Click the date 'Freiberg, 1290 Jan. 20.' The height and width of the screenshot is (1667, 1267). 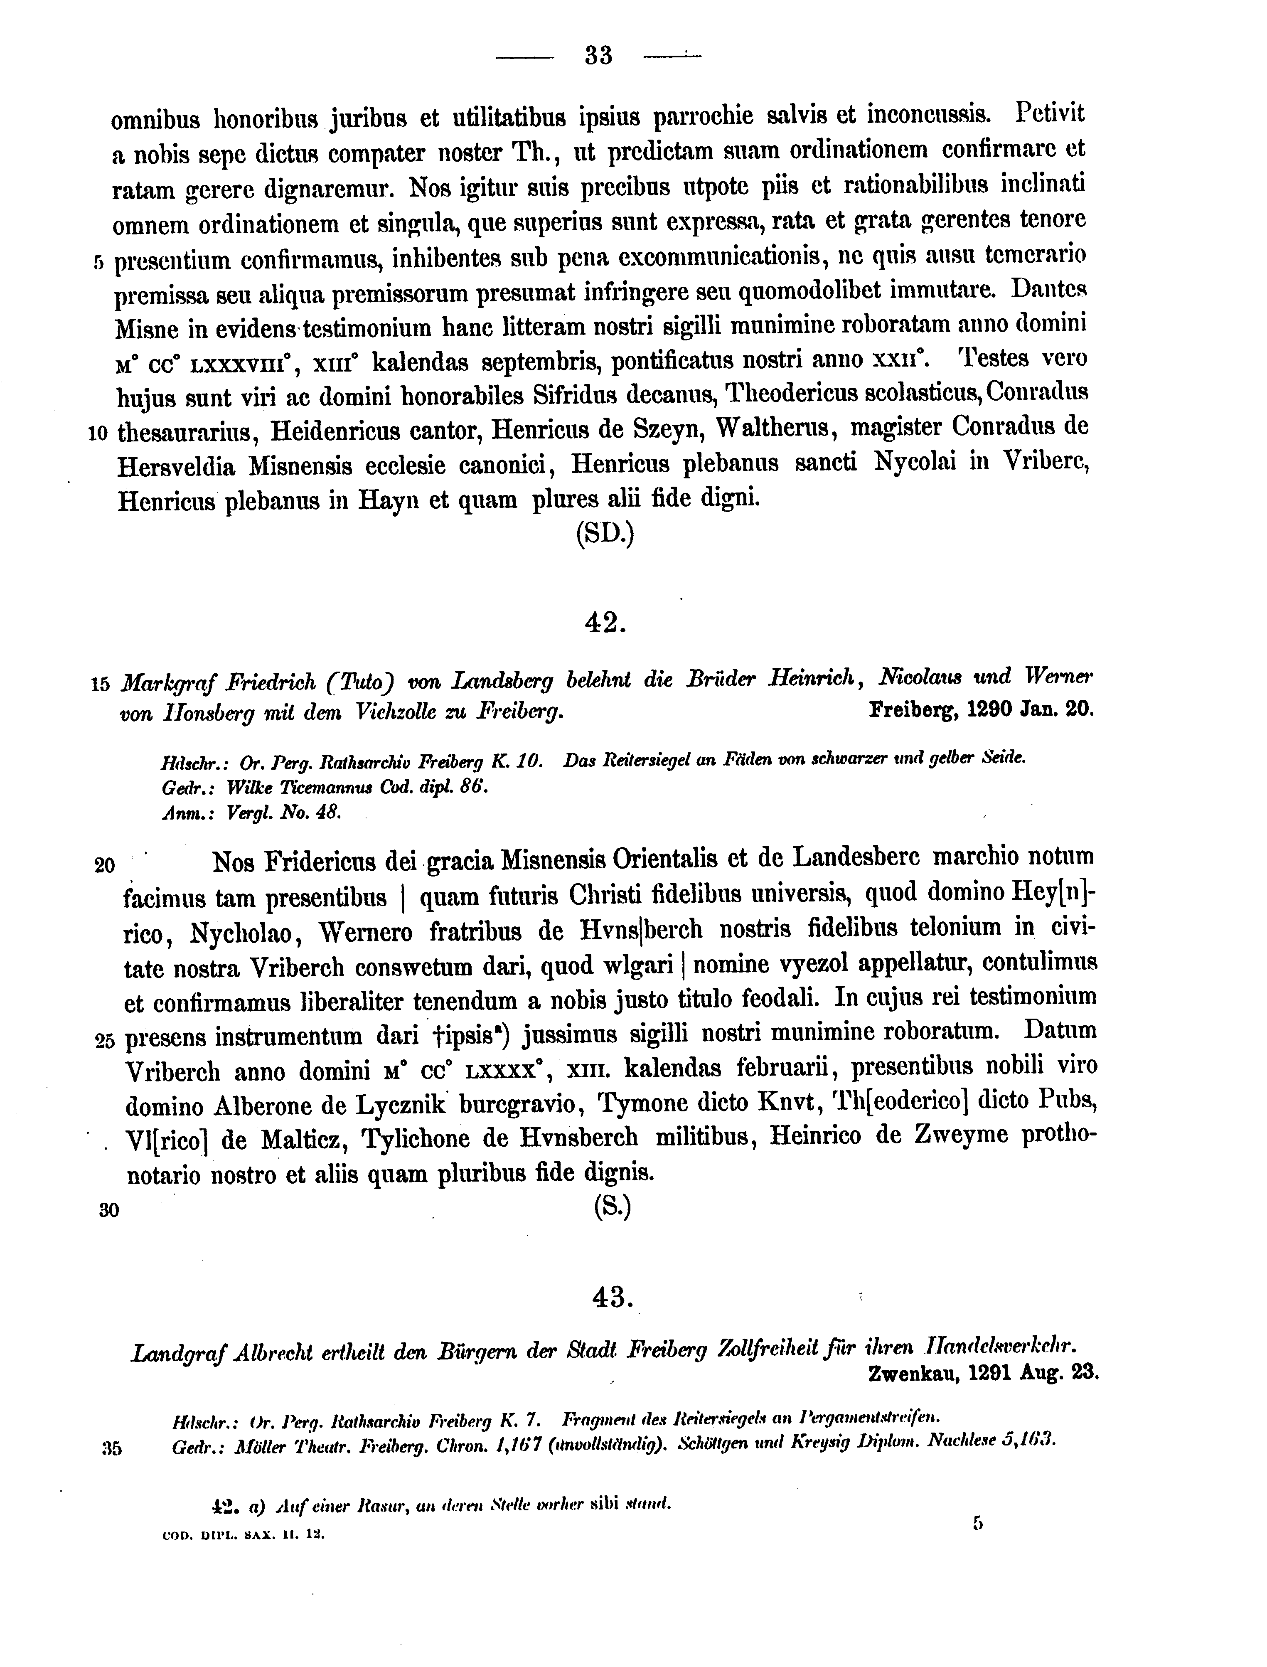coord(980,710)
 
